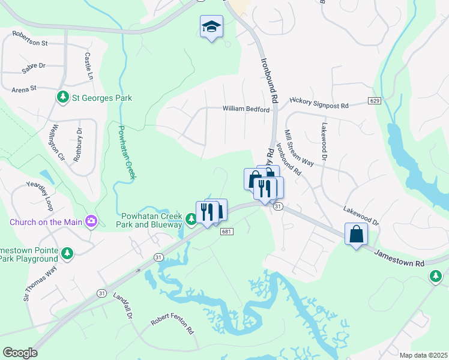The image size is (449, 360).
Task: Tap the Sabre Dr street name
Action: tap(34, 69)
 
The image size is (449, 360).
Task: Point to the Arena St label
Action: tap(25, 88)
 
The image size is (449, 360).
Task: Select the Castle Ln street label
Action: tap(89, 66)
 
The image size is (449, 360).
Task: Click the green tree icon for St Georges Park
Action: tap(62, 97)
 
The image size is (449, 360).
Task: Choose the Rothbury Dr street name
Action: tap(77, 144)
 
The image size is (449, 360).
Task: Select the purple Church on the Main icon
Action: tap(91, 222)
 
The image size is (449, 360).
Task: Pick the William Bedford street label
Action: tap(244, 109)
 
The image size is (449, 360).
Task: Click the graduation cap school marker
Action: tap(211, 26)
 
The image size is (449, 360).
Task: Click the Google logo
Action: tap(20, 353)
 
